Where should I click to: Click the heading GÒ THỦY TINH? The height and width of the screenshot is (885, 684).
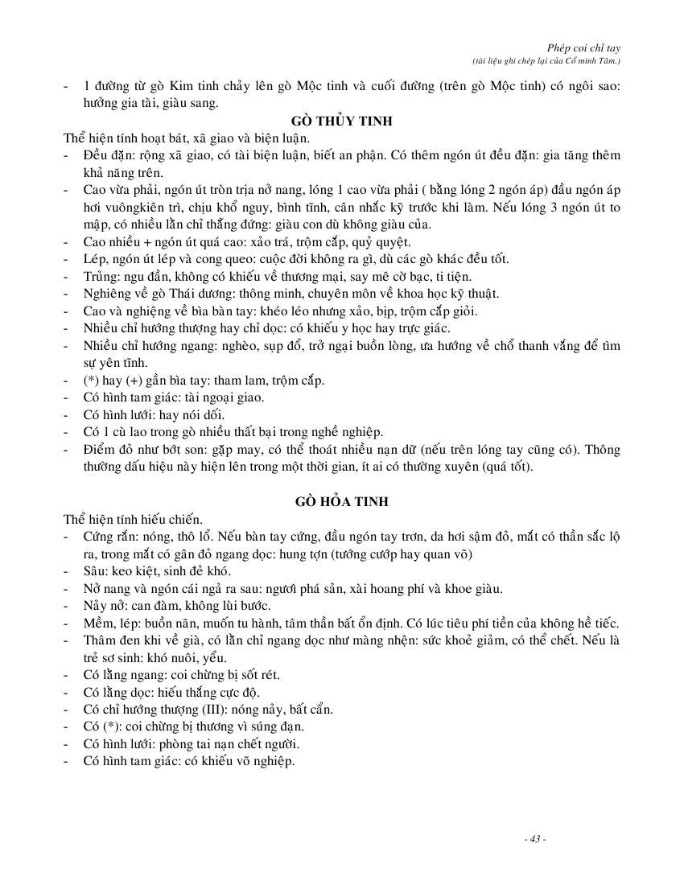[x=341, y=121]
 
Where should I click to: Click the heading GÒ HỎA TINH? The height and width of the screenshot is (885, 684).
[x=341, y=501]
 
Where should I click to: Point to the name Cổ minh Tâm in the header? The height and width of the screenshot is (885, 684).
[x=592, y=60]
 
